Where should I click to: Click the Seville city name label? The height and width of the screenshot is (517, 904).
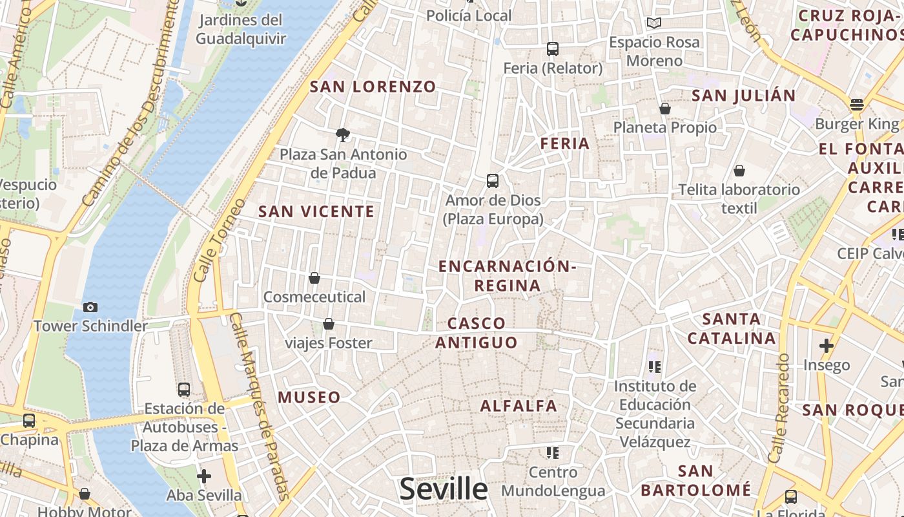444,489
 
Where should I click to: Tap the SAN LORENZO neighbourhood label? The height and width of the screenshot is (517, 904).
373,87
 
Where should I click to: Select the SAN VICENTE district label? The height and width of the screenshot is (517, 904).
316,211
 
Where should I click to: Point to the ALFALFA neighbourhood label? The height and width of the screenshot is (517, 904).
519,406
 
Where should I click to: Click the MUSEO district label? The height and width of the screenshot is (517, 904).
309,397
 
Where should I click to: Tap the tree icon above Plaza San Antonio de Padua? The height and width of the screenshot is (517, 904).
343,134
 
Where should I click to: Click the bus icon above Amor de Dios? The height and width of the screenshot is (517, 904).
493,180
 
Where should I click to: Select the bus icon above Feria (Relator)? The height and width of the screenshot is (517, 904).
552,48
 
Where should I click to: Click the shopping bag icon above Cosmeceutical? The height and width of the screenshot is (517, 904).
314,278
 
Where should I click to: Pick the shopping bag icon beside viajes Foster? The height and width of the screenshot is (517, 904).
329,324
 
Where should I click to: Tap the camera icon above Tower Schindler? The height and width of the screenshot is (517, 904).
90,307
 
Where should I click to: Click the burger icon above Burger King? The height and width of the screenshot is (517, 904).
857,104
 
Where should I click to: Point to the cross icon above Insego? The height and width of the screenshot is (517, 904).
827,345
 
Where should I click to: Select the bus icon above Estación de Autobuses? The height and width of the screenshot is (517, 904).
184,389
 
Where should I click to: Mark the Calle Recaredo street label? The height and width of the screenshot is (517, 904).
779,408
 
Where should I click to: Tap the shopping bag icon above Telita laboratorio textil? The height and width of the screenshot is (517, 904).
739,171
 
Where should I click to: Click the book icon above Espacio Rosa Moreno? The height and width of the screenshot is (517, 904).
654,23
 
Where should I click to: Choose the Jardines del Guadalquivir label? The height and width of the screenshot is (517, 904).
240,29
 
